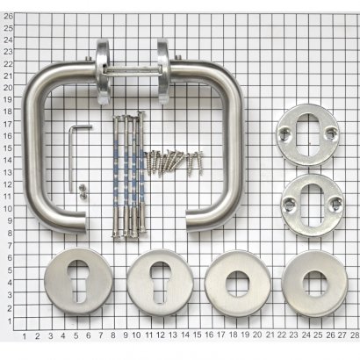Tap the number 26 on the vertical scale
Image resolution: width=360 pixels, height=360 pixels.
(9, 16)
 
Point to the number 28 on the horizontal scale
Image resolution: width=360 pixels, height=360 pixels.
(355, 335)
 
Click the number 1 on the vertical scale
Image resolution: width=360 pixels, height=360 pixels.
(10, 321)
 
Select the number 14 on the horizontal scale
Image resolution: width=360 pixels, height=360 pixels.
(185, 335)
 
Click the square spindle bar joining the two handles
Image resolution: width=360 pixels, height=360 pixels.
(134, 71)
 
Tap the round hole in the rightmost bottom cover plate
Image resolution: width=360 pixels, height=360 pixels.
(314, 283)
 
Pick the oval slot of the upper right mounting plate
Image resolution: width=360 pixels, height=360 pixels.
(307, 135)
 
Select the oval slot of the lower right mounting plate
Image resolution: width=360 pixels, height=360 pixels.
(312, 205)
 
